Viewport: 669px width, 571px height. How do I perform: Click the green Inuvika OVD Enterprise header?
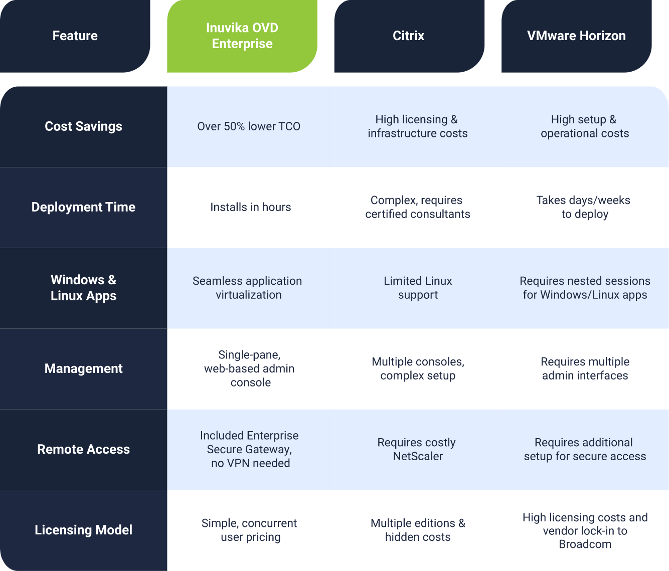[x=242, y=36]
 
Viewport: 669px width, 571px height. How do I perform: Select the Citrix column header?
[x=409, y=36]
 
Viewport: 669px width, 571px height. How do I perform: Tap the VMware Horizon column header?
[x=576, y=36]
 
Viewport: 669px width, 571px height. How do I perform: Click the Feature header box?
[x=75, y=36]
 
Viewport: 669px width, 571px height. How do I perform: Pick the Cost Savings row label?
[x=84, y=126]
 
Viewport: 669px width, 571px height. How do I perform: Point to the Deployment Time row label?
[x=84, y=208]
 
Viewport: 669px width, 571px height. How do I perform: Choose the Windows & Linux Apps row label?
[x=84, y=288]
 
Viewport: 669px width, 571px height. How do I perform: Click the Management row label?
[x=84, y=369]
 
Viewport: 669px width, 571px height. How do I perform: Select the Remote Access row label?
[x=84, y=449]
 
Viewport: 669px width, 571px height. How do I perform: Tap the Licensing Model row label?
[x=84, y=530]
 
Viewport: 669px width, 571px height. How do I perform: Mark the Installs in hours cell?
[x=251, y=208]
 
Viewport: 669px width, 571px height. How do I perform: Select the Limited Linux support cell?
[x=418, y=288]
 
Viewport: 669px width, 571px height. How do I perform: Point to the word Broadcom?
[x=585, y=544]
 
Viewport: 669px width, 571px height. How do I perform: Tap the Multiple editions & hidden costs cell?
[x=418, y=530]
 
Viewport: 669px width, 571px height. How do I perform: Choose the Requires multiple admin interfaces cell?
[x=585, y=369]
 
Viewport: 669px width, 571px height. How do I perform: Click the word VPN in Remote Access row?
[x=238, y=463]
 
